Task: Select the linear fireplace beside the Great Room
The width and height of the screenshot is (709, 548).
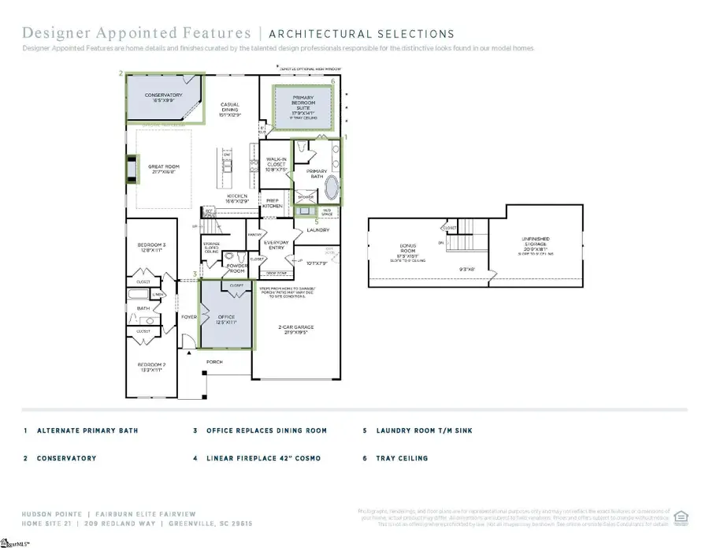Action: click(x=131, y=170)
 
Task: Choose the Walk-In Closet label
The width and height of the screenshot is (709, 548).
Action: click(x=276, y=165)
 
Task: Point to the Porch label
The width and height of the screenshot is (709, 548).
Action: click(x=215, y=362)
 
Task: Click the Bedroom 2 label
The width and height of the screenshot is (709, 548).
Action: click(x=151, y=367)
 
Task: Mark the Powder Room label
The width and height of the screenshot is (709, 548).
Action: click(x=237, y=267)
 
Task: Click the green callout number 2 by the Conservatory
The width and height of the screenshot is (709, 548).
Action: click(x=121, y=73)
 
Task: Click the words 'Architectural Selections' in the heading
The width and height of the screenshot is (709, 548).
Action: click(x=362, y=34)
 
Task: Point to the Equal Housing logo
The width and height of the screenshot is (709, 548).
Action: click(x=682, y=517)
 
